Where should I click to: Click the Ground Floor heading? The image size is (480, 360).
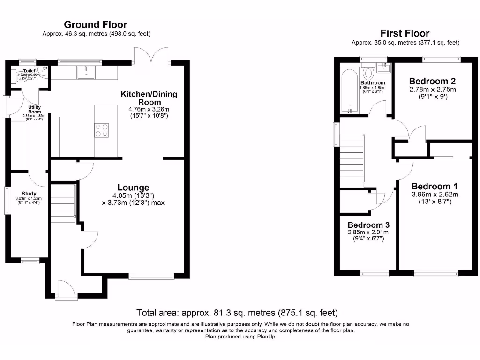(x=95, y=25)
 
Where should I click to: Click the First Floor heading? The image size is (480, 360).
(x=405, y=33)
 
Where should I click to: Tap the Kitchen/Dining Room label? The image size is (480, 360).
(x=149, y=98)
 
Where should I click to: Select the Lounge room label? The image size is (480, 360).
(x=133, y=187)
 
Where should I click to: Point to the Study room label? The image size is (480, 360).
(x=29, y=193)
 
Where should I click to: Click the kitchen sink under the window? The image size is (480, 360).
(x=87, y=72)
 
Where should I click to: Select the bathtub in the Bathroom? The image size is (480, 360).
(x=350, y=91)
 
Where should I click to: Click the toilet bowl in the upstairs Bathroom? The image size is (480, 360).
(x=368, y=73)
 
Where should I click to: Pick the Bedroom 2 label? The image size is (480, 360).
(x=432, y=81)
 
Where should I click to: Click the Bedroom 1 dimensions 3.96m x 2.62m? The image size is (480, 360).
(x=435, y=195)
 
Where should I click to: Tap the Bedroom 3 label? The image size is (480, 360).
(x=368, y=225)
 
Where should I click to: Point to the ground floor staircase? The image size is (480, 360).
(x=63, y=203)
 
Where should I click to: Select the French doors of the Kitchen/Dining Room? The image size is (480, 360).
(x=151, y=56)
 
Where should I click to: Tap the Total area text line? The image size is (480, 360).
(x=237, y=313)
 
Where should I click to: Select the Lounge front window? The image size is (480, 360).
(x=151, y=277)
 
